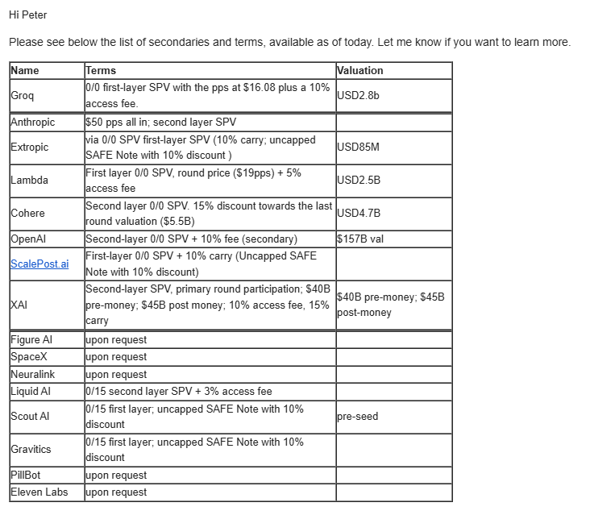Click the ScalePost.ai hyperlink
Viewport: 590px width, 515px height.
[x=39, y=264]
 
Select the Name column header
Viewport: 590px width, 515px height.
[x=24, y=70]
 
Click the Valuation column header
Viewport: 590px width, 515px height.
[x=359, y=70]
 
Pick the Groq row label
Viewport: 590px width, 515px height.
[x=23, y=96]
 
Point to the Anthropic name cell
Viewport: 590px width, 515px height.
[x=33, y=123]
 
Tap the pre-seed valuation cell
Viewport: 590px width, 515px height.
[x=357, y=417]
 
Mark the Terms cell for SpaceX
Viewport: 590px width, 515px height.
[x=116, y=357]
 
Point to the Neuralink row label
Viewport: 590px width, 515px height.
[x=34, y=375]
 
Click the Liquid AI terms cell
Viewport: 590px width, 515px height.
[x=178, y=392]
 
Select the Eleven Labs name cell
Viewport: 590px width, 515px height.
[x=39, y=492]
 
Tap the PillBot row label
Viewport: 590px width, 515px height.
[x=26, y=475]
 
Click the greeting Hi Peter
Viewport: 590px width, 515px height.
[x=27, y=15]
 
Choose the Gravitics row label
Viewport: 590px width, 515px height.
[x=31, y=449]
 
